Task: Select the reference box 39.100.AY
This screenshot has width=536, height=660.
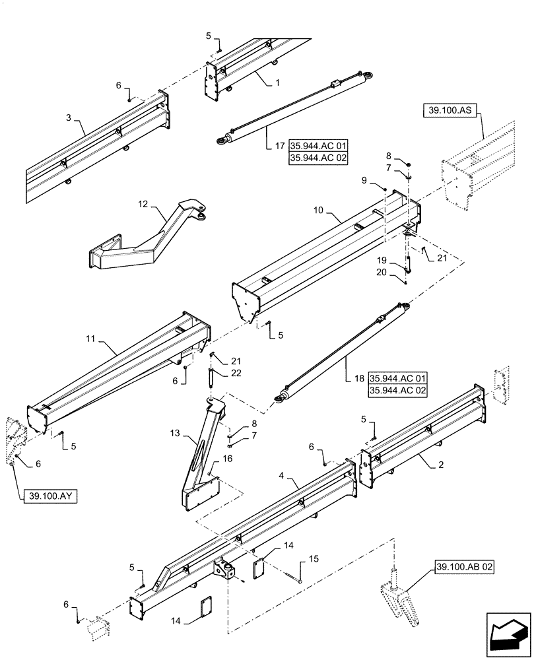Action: (x=50, y=496)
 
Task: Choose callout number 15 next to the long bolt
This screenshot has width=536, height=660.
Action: (x=314, y=559)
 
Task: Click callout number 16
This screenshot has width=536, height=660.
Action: (x=228, y=457)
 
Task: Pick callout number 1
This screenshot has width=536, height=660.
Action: (x=278, y=83)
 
